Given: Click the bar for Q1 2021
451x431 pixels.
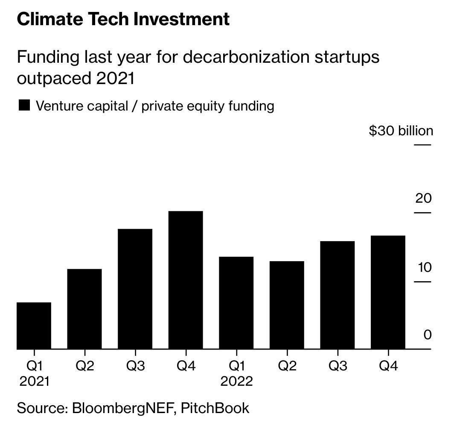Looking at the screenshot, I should (34, 326).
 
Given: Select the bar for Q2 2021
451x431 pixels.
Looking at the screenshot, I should (84, 309).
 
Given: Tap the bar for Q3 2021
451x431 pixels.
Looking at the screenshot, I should (135, 289).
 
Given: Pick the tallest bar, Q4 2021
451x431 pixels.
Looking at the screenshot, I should (186, 280).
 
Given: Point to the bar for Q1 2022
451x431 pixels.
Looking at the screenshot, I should (236, 303).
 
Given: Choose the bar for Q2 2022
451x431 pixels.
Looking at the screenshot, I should (287, 305).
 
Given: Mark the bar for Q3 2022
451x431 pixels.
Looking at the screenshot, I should (337, 295).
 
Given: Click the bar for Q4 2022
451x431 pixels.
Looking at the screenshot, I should (388, 292).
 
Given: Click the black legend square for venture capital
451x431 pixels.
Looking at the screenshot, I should (24, 105).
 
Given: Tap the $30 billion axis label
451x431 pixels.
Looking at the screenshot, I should (401, 131).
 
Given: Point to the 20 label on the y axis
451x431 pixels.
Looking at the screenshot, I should (423, 198).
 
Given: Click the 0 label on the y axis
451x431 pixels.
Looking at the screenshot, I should (428, 335).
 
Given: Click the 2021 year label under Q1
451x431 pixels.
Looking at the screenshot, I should (34, 381).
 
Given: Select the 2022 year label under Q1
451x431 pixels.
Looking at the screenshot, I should (236, 381).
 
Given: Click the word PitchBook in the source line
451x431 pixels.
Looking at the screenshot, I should (215, 408).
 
